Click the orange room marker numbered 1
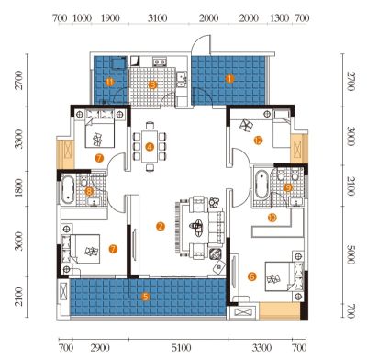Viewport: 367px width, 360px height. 229,79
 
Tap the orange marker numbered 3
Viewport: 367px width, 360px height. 152,84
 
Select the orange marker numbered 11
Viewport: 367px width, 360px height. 110,82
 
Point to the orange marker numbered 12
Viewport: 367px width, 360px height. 258,141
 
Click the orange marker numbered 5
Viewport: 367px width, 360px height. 146,297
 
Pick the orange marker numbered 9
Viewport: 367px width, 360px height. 288,187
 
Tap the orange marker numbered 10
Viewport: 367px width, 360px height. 272,218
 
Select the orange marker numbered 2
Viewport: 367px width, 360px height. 161,227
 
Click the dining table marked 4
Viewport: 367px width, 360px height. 150,147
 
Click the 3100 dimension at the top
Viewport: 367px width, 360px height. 157,18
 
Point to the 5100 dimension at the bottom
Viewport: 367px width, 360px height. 182,348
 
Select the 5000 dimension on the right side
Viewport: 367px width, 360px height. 350,253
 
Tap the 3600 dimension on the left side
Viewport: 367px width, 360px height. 19,241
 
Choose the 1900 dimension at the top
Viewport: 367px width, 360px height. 110,18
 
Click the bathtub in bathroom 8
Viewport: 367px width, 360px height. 67,190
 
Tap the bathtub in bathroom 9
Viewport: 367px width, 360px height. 261,185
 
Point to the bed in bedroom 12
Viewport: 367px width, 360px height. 281,133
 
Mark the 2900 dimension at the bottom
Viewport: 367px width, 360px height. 100,348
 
